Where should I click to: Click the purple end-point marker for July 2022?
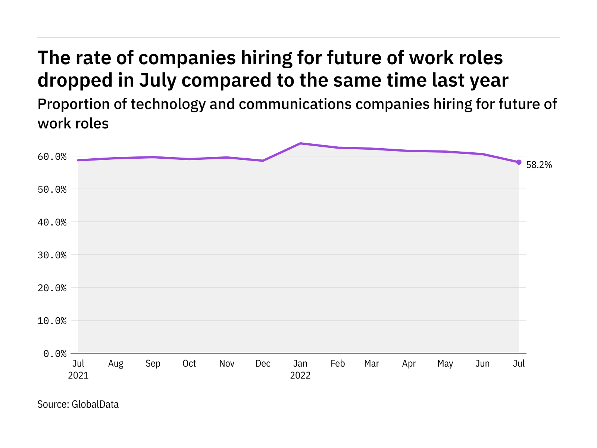(x=519, y=162)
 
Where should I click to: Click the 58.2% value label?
(x=539, y=165)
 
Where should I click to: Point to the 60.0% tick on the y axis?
(x=52, y=156)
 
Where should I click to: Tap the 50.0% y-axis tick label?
(x=52, y=189)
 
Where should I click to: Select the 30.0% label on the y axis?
(x=52, y=255)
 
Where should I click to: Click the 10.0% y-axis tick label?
(x=52, y=321)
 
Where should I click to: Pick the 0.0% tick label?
(x=55, y=354)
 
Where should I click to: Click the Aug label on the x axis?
(x=116, y=364)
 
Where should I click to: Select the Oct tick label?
(x=189, y=364)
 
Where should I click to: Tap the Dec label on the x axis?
(x=263, y=364)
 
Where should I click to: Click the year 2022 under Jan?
(x=300, y=375)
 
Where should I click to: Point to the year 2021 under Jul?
(x=78, y=375)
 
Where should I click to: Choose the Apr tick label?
(x=409, y=364)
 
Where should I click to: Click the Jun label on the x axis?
(x=482, y=364)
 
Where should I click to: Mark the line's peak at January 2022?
(x=300, y=143)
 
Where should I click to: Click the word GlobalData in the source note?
(x=95, y=404)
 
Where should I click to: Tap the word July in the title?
(x=157, y=80)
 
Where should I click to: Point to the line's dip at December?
(x=263, y=161)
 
